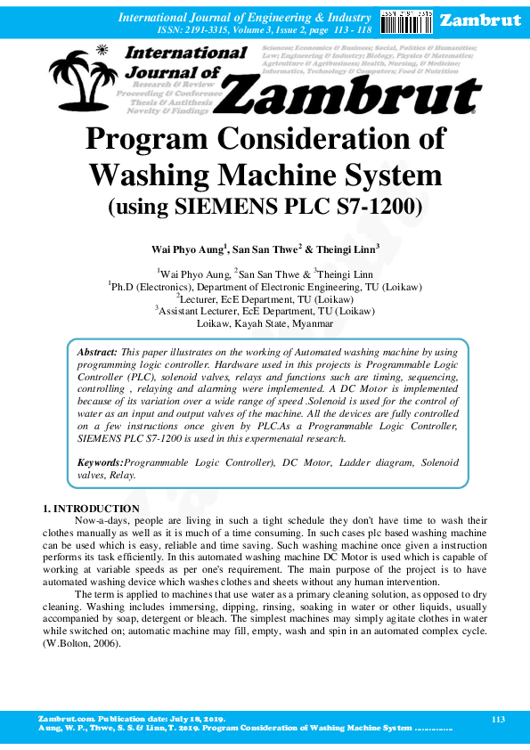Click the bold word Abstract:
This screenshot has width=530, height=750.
point(98,354)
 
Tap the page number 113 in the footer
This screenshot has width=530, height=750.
point(498,718)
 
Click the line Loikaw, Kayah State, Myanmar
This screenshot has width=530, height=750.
point(265,324)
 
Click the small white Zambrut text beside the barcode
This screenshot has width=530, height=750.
point(480,20)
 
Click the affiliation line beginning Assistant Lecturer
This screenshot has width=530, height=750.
point(265,312)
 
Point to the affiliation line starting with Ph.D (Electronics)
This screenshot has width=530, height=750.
point(265,287)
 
